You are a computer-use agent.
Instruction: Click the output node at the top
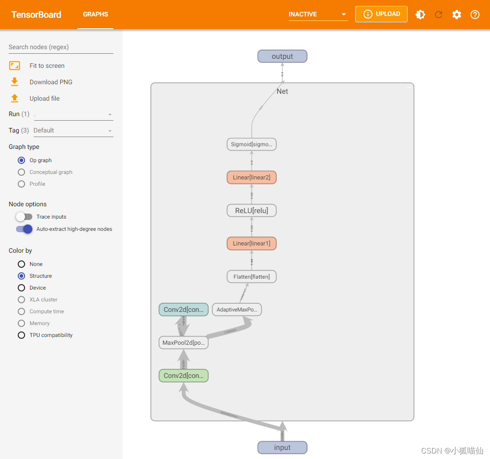pos(282,56)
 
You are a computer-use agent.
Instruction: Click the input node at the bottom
pos(282,448)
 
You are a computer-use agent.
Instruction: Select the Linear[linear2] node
pos(251,178)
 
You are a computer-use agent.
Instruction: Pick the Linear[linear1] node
pos(251,244)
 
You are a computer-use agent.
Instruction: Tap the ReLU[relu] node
pos(251,211)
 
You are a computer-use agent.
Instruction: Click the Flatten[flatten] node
pos(251,277)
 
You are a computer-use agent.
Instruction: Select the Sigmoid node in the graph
pos(251,145)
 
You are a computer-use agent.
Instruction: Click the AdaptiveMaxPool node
pos(237,310)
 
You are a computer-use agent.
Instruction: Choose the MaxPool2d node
pos(184,343)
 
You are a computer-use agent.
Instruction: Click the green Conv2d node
pos(184,376)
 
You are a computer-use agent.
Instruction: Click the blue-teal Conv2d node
pos(184,310)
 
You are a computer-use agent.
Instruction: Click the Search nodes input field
pos(61,47)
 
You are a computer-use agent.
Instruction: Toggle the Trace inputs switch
pos(24,217)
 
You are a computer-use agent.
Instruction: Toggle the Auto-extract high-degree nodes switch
pos(24,229)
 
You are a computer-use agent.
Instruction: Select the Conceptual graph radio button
pos(21,172)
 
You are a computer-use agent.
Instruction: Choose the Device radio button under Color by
pos(21,288)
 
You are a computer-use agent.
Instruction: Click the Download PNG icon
pos(15,82)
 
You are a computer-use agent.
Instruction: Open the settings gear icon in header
pos(457,15)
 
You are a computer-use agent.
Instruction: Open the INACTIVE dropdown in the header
pos(318,15)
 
